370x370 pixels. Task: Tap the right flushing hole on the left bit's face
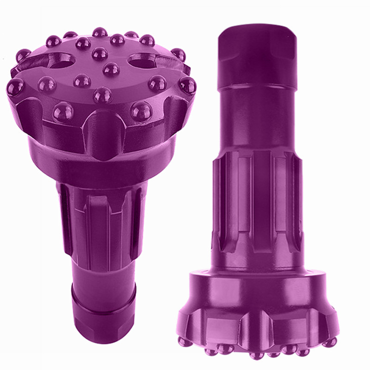point(141,60)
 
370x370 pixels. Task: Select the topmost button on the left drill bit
point(99,32)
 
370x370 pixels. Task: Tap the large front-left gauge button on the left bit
point(63,111)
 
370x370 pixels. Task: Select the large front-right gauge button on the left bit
point(141,111)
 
